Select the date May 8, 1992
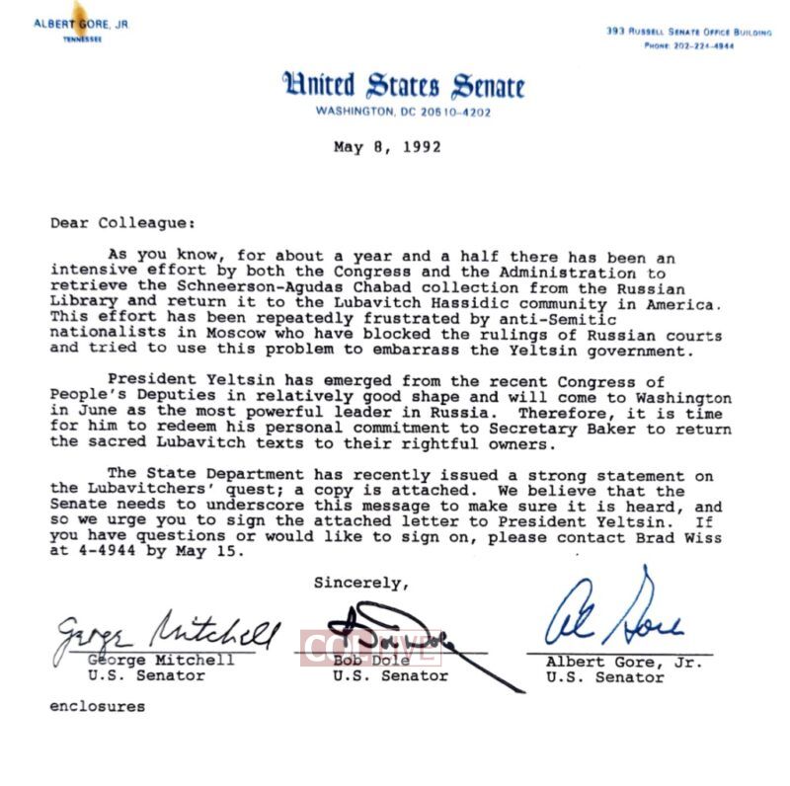(387, 147)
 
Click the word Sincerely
(360, 583)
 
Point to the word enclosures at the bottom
(98, 706)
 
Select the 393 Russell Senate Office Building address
(688, 32)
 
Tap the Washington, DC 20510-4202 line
(403, 112)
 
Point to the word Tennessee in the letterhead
(82, 39)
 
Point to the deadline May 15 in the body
(214, 552)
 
